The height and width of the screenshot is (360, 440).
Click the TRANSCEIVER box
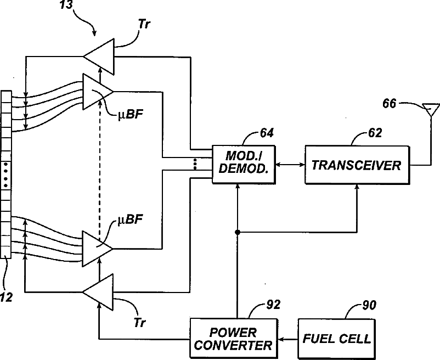point(357,165)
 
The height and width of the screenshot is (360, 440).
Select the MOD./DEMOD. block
point(244,165)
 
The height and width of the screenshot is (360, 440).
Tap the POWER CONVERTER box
point(234,339)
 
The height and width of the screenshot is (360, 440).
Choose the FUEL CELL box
point(336,339)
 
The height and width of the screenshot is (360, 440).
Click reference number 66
point(389,104)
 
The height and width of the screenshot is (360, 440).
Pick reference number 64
point(267,133)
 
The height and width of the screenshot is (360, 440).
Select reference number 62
point(375,132)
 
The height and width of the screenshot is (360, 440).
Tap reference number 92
point(273,305)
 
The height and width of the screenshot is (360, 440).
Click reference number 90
point(369,305)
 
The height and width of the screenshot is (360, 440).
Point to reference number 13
point(66,4)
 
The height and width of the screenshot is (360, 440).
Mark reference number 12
point(6,297)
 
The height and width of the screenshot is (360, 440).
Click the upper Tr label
point(144,24)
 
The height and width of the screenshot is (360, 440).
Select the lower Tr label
point(139,323)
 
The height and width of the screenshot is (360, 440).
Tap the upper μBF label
point(130,114)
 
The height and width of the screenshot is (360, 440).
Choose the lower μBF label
point(130,219)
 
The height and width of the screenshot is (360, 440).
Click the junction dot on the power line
point(238,232)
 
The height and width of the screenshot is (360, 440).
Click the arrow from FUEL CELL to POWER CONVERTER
point(287,340)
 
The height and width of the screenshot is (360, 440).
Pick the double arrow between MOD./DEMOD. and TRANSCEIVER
point(290,165)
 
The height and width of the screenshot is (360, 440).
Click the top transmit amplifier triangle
point(99,57)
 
